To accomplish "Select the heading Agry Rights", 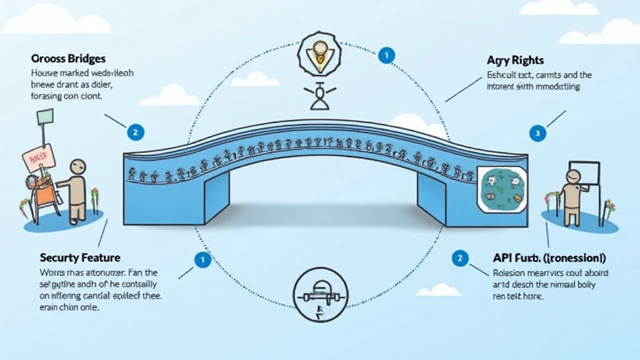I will pyautogui.click(x=515, y=61).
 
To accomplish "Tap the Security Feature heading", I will pyautogui.click(x=80, y=257).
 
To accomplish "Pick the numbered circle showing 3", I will pyautogui.click(x=537, y=132).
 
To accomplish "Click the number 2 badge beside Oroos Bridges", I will pyautogui.click(x=135, y=132).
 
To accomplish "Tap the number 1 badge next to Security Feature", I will pyautogui.click(x=202, y=260).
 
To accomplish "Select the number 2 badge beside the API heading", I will pyautogui.click(x=460, y=258).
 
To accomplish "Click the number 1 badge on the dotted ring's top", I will pyautogui.click(x=386, y=56).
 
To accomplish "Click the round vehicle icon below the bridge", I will pyautogui.click(x=319, y=291).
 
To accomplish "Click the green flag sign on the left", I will pyautogui.click(x=46, y=117).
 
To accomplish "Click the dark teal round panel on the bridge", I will pyautogui.click(x=500, y=189).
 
